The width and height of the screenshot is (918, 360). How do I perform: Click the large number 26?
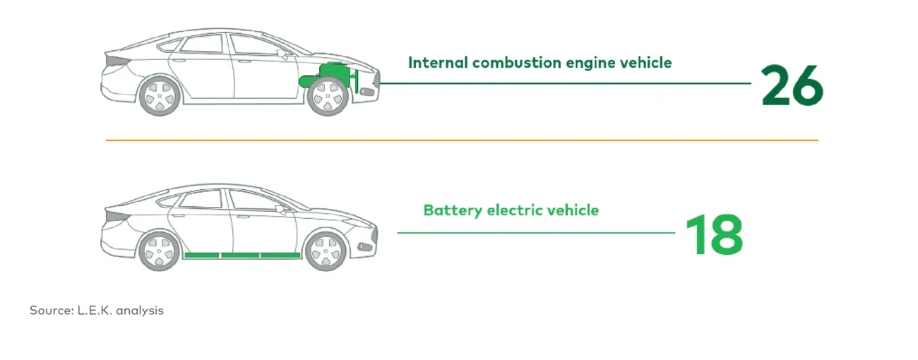pos(792,86)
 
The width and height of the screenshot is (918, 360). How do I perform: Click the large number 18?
pos(714,235)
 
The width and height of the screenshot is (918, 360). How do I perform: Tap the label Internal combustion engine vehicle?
pos(540,63)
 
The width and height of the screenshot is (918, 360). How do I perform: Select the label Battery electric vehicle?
pos(511,210)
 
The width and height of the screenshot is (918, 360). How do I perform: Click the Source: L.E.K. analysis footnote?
pos(97,310)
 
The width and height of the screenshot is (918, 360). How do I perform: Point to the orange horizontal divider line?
pos(462,140)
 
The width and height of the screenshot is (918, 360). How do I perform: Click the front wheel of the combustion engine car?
pos(328,97)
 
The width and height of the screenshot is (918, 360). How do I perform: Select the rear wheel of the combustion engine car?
pos(160,97)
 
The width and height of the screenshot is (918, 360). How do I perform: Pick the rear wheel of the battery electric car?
pos(160,251)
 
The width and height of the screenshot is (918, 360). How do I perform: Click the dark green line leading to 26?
pos(565,83)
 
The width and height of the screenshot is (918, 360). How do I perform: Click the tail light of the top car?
pos(111,62)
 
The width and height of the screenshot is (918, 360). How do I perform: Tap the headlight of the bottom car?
pos(365,246)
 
